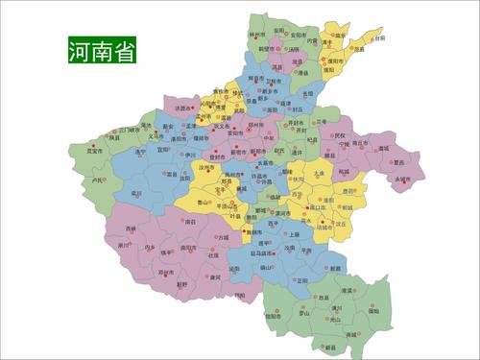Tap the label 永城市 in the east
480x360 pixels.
pyautogui.click(x=400, y=179)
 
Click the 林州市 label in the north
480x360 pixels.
pyautogui.click(x=256, y=35)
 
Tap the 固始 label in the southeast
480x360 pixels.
pyautogui.click(x=373, y=310)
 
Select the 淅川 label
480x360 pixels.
pyautogui.click(x=124, y=245)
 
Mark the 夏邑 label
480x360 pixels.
pyautogui.click(x=387, y=163)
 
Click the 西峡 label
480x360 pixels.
pyautogui.click(x=130, y=228)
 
